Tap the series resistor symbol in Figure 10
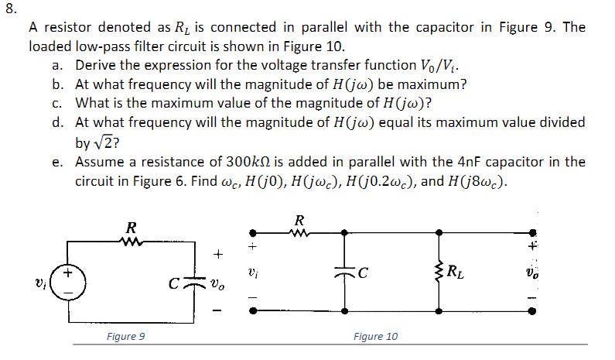[299, 231]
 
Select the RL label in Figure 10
[459, 271]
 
